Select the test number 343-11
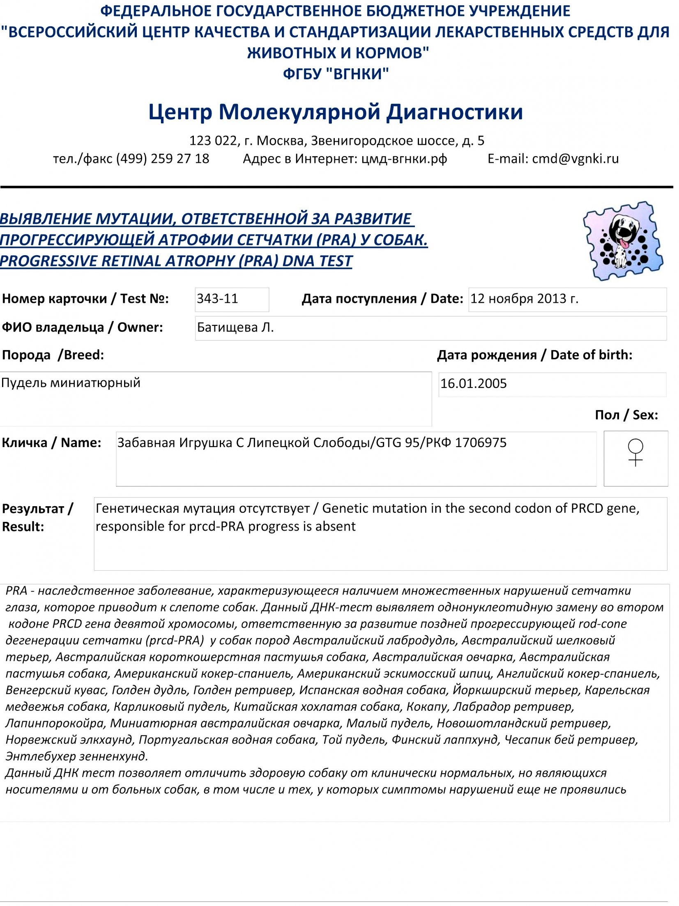(217, 299)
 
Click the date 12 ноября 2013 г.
(524, 299)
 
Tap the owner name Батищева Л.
(235, 327)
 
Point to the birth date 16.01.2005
(474, 384)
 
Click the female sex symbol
(635, 452)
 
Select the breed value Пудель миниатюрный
(71, 383)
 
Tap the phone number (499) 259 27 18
(163, 159)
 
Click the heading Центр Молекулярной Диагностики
(336, 112)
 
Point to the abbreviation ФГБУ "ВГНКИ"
(336, 74)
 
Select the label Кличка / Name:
(51, 443)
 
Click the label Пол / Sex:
(626, 415)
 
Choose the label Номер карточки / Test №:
(85, 299)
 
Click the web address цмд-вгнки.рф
(404, 159)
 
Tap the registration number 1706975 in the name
(481, 443)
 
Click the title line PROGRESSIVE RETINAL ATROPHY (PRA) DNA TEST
(176, 261)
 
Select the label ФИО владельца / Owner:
(82, 327)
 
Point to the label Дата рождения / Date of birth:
(534, 355)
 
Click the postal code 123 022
(213, 141)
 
